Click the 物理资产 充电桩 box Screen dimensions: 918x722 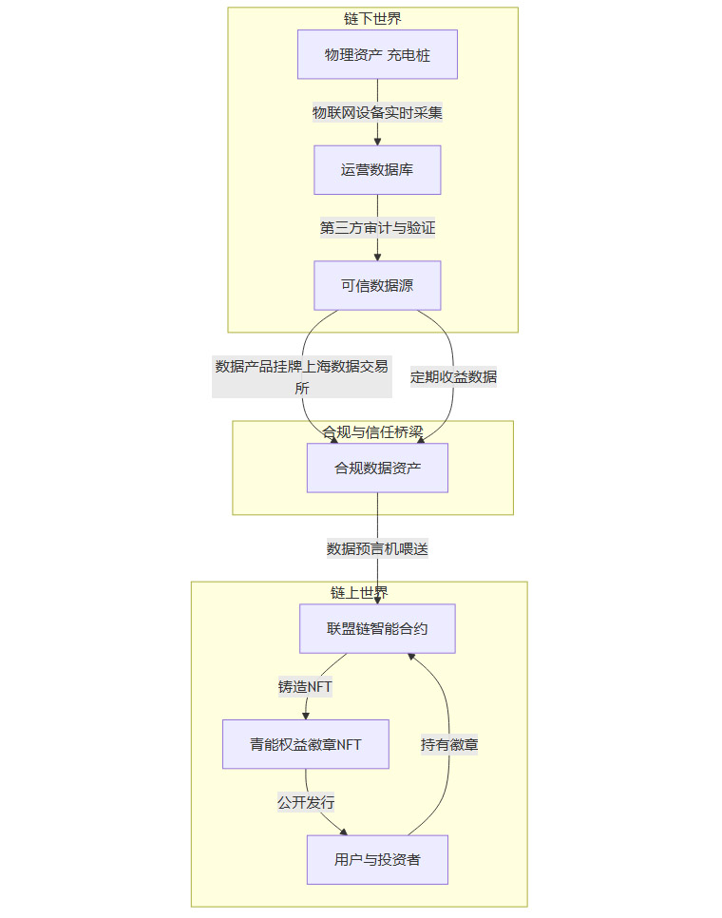[x=377, y=54]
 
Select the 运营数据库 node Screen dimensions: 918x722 [x=377, y=170]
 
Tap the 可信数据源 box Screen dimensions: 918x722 [x=377, y=285]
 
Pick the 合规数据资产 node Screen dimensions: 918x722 [x=377, y=468]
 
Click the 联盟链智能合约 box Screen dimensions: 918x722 [x=377, y=628]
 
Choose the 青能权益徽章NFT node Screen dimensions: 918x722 [x=306, y=744]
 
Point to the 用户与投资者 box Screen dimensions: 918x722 [x=377, y=859]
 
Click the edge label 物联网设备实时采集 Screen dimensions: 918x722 [x=377, y=112]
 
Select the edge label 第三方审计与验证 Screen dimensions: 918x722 [x=377, y=228]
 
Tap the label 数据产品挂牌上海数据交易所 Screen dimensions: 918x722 [x=302, y=376]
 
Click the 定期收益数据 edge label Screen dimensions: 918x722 [x=453, y=376]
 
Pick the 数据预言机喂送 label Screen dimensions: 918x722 [x=377, y=548]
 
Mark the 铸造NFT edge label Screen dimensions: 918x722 [x=305, y=687]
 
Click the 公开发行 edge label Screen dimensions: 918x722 [x=306, y=802]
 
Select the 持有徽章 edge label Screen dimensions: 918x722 [x=449, y=745]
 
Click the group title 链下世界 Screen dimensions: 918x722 [x=372, y=18]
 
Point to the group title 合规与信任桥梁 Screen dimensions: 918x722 [x=372, y=431]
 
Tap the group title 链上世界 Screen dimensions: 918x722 [x=359, y=592]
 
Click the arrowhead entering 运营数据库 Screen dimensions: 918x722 [x=377, y=141]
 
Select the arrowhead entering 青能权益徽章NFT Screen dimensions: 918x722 [x=306, y=715]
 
